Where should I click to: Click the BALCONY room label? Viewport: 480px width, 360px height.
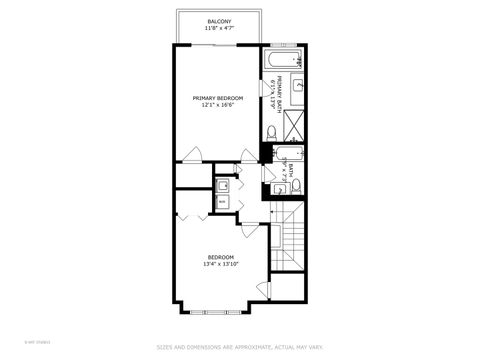pyautogui.click(x=219, y=21)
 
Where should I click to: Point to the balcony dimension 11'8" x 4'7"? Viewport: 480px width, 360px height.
pyautogui.click(x=219, y=28)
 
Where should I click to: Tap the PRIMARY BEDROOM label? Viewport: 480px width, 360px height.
pyautogui.click(x=218, y=97)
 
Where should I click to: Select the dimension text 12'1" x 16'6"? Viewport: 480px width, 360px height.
pyautogui.click(x=218, y=104)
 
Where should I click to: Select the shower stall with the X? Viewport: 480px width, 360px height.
pyautogui.click(x=296, y=123)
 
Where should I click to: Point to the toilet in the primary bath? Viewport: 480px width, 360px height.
pyautogui.click(x=271, y=132)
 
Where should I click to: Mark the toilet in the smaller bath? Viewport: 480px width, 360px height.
pyautogui.click(x=296, y=184)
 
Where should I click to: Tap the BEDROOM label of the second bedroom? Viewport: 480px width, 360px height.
pyautogui.click(x=221, y=257)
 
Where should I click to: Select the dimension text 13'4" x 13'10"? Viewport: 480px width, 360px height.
pyautogui.click(x=221, y=265)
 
